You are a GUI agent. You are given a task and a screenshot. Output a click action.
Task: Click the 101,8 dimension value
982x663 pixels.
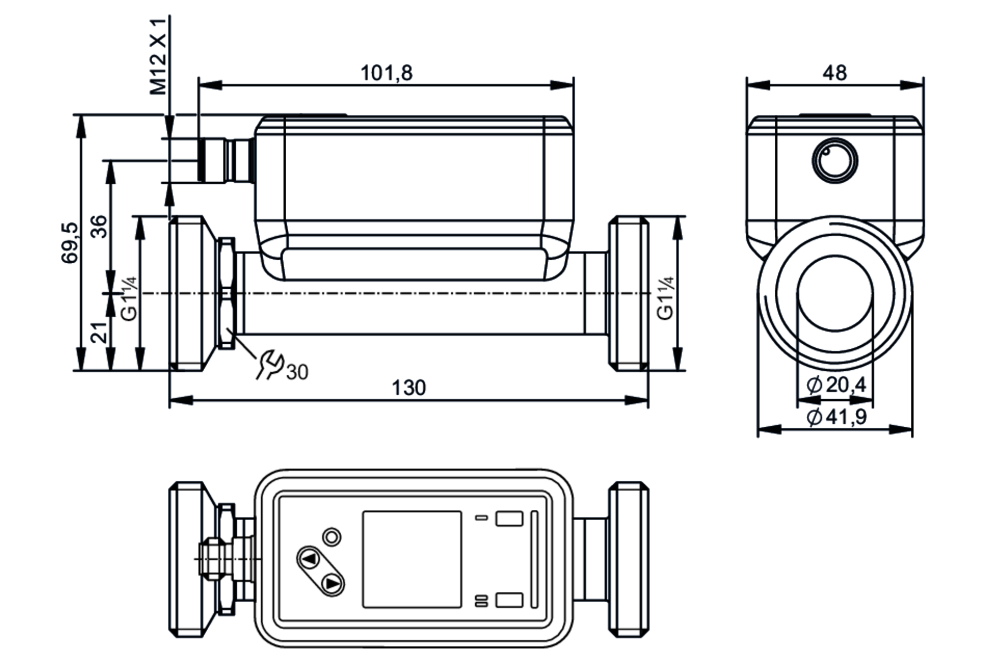tap(386, 73)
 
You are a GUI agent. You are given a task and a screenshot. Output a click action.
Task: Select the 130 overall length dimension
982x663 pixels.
tap(409, 388)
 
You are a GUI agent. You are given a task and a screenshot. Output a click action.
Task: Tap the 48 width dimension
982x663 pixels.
tap(835, 73)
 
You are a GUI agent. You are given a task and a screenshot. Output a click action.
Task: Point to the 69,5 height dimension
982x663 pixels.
tap(70, 243)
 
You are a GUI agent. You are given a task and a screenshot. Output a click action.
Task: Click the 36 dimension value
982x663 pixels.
tap(99, 226)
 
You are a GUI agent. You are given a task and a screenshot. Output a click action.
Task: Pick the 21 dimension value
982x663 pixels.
tap(99, 332)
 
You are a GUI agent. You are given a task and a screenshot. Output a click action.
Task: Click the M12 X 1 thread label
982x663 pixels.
tap(159, 56)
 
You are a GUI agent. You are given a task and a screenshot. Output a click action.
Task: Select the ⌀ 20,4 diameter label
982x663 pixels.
tap(837, 385)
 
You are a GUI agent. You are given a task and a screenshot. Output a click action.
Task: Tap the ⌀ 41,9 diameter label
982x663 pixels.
tap(837, 417)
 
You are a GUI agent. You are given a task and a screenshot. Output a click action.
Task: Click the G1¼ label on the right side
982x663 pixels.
tap(665, 298)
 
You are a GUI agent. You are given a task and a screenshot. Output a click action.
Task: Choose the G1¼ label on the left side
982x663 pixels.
tap(129, 298)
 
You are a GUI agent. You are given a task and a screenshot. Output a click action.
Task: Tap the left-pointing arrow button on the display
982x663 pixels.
tap(309, 559)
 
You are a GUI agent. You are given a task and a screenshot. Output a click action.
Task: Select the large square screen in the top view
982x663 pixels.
tap(412, 559)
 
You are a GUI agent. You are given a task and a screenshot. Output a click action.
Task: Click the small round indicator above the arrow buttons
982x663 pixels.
tap(332, 537)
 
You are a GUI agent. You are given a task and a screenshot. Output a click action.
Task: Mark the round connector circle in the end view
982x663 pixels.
tap(835, 161)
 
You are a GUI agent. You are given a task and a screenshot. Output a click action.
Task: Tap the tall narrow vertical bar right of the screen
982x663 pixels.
tap(535, 559)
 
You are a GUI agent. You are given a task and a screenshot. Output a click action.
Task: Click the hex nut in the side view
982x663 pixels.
tap(226, 293)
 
